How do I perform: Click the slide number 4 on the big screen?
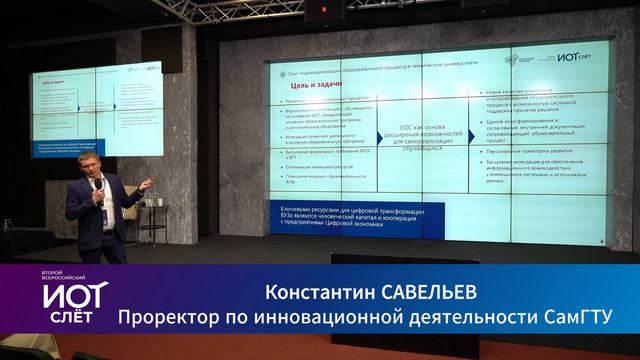point(598,241)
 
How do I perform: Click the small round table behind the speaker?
point(148,205)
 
